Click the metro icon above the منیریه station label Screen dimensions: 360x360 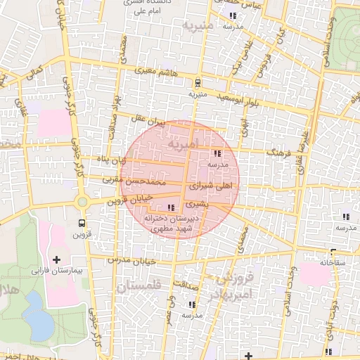pyautogui.click(x=197, y=82)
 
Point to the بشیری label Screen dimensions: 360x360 pyautogui.click(x=197, y=205)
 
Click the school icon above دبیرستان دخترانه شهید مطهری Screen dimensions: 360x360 pyautogui.click(x=171, y=207)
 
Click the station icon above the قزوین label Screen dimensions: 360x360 pyautogui.click(x=82, y=224)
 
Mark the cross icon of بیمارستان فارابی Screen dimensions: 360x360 pyautogui.click(x=56, y=259)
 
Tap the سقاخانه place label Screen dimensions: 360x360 pyautogui.click(x=315, y=262)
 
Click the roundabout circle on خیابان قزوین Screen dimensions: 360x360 pyautogui.click(x=82, y=202)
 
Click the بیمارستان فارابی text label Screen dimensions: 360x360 pyautogui.click(x=56, y=270)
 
